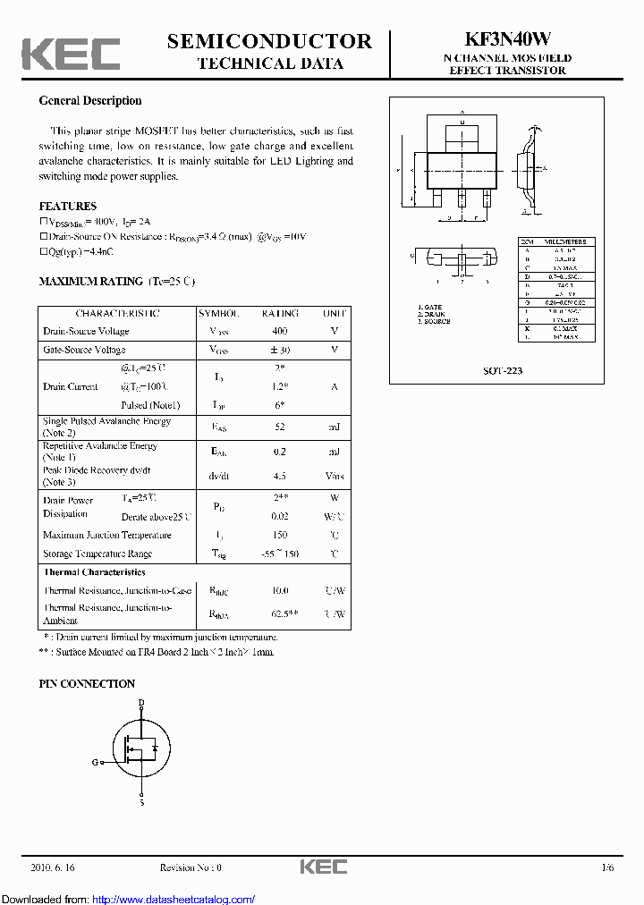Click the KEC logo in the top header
coord(71,53)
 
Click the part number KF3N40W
coord(507,40)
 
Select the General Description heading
coord(90,101)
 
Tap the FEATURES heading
coord(68,206)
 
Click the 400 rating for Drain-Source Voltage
coord(280,332)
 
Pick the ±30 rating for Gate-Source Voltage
coord(280,351)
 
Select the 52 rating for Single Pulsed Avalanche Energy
coord(280,427)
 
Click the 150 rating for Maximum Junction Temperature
coord(280,536)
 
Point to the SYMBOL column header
coord(219,314)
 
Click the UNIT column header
coord(335,314)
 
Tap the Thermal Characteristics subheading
coord(94,572)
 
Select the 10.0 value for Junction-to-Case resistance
coord(280,591)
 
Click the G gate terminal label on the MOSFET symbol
coord(95,762)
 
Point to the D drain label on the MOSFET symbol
coord(140,703)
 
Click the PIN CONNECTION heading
coord(87,684)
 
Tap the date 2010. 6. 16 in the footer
coord(53,867)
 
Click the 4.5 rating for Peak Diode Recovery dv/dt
coord(280,477)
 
